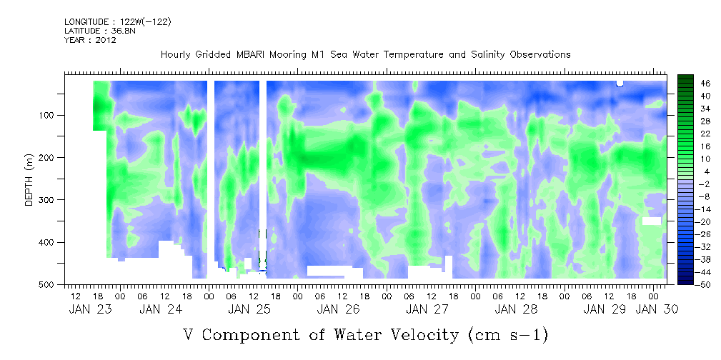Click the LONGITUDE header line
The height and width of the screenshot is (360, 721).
tap(117, 22)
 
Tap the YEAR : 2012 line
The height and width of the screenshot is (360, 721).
tap(90, 40)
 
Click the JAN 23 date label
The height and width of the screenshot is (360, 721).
tap(89, 309)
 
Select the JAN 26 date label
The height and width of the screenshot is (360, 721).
tap(337, 309)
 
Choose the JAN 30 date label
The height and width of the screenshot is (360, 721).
tap(657, 309)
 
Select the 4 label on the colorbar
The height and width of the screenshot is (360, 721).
tap(703, 171)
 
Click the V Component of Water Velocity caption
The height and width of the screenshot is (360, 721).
tap(366, 334)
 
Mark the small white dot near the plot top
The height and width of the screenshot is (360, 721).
tap(620, 84)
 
